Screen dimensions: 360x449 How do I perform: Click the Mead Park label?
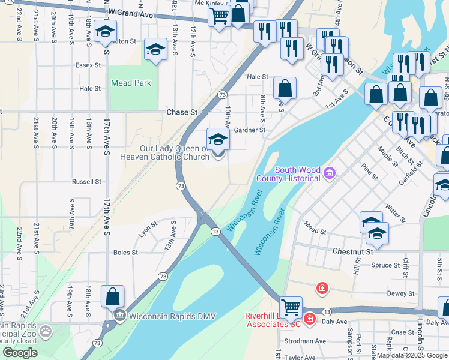coord(131,83)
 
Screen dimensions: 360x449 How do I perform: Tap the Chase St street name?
coord(182,112)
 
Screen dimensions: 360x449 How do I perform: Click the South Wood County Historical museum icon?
coord(328,174)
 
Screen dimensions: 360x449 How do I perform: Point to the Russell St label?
coord(86,181)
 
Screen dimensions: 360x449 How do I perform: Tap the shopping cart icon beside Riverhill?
coord(291,307)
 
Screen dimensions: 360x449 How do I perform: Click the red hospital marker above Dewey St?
coord(322,289)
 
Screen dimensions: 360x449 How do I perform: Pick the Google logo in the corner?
coord(20,353)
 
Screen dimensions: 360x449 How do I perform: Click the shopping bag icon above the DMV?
coord(112,296)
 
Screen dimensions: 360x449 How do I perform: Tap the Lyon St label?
coord(148,228)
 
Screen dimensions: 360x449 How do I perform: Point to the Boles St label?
coord(125,253)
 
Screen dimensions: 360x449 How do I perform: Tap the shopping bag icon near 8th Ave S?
coord(285,88)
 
